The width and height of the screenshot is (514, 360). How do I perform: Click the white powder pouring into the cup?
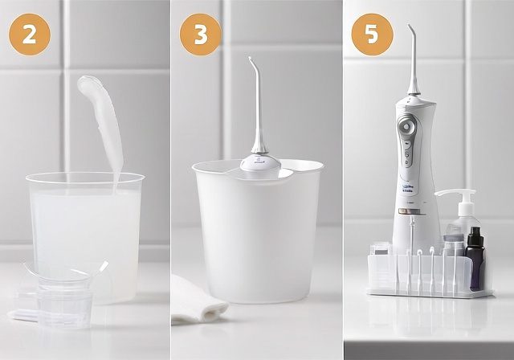101,121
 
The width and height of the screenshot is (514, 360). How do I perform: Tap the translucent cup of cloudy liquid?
84,225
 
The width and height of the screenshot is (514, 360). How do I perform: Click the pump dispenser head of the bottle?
458,195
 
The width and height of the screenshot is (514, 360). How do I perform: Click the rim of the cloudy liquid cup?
84,178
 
